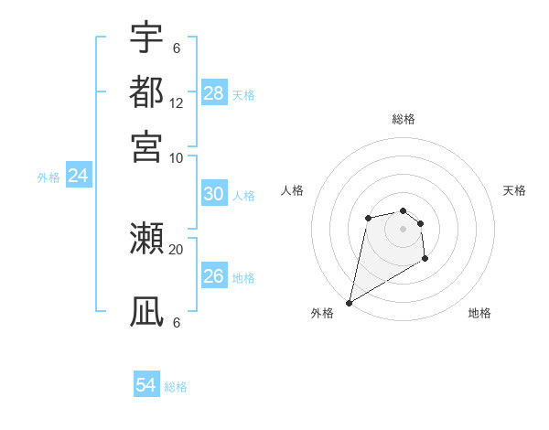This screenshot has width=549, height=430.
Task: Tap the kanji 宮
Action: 147,145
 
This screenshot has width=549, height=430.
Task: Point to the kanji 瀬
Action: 147,240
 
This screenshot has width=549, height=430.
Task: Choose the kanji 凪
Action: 147,312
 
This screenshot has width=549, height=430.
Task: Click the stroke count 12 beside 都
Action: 177,102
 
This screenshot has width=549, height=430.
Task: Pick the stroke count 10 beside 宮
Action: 177,156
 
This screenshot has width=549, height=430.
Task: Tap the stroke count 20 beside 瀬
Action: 177,248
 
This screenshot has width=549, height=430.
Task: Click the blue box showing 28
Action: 214,92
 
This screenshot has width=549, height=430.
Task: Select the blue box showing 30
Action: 214,194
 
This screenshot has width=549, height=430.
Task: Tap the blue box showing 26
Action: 214,275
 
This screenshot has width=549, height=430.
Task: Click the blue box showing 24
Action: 79,176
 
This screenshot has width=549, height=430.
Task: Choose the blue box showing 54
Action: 146,385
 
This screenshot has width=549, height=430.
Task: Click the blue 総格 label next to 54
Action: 176,387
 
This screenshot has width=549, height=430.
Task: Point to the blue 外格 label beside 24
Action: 48,177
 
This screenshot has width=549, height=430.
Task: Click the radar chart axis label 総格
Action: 404,119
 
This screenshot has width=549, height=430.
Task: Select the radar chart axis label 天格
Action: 515,190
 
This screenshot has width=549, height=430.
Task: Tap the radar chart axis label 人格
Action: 292,190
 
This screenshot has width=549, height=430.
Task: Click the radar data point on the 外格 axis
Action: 349,302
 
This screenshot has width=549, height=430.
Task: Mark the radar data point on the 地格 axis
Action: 425,260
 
